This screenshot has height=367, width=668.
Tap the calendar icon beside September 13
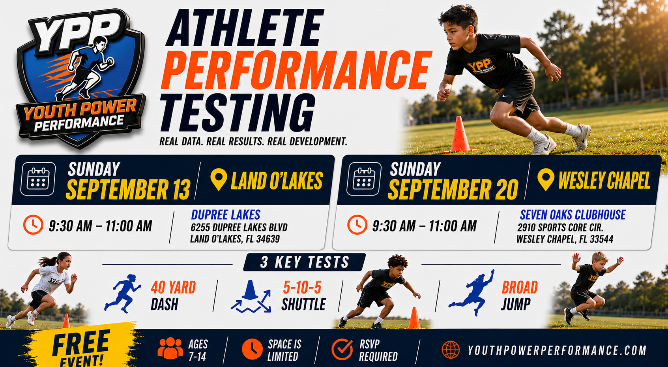(x=38, y=179)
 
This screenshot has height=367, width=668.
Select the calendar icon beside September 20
(x=364, y=179)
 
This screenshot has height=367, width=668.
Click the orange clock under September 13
(x=33, y=224)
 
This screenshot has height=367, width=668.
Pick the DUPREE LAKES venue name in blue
(x=225, y=215)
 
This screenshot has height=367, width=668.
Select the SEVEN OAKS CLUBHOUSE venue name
(x=573, y=215)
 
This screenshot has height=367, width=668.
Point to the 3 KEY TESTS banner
(x=305, y=262)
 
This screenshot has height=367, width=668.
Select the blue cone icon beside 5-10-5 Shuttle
(x=251, y=297)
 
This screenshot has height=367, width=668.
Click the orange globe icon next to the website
(x=451, y=350)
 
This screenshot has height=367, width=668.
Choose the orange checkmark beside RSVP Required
(x=342, y=349)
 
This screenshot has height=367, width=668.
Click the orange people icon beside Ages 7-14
(x=170, y=348)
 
